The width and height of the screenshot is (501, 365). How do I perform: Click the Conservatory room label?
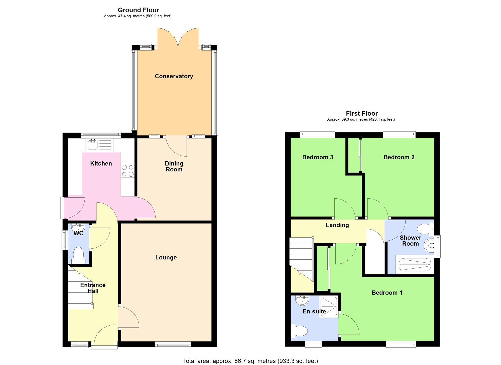(x=174, y=76)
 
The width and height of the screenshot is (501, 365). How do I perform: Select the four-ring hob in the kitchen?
(x=128, y=171)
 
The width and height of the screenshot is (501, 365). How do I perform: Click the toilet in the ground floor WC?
(x=78, y=255)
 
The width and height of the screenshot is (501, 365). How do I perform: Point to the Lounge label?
(x=166, y=257)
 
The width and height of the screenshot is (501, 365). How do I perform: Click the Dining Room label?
(x=174, y=167)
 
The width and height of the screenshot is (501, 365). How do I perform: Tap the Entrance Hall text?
(x=93, y=288)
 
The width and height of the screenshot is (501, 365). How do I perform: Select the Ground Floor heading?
(x=138, y=10)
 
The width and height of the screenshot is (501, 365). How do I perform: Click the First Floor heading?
(x=362, y=113)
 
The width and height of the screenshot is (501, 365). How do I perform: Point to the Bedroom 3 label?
(x=318, y=157)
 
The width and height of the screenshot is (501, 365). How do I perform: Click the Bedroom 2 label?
(x=399, y=157)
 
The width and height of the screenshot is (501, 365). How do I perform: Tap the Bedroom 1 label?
(x=387, y=293)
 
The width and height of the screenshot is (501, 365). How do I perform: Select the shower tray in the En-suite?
(x=329, y=307)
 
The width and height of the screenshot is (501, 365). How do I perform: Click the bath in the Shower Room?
(x=415, y=265)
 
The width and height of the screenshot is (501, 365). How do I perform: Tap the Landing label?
(x=337, y=225)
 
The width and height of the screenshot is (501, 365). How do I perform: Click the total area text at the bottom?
(x=250, y=361)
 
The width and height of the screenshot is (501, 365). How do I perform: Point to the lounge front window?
(x=173, y=345)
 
